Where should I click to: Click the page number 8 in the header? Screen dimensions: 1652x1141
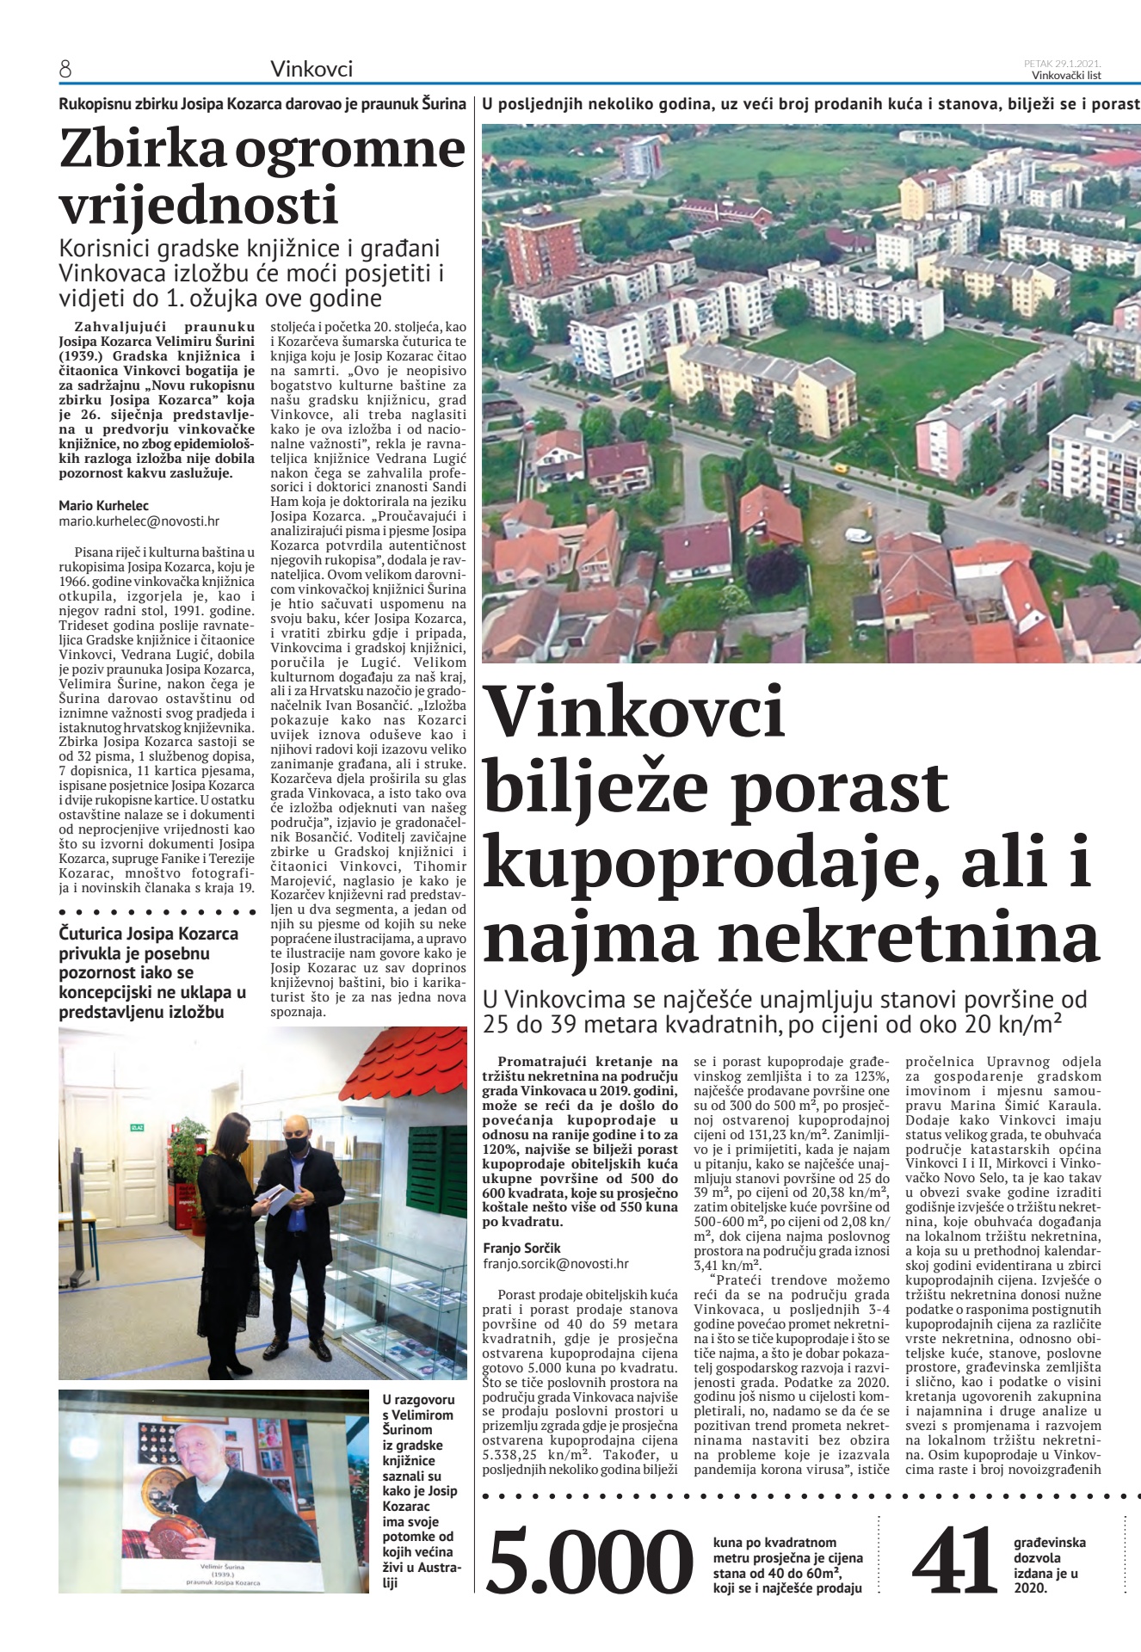(x=65, y=69)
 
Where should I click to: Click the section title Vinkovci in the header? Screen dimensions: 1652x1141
(x=311, y=69)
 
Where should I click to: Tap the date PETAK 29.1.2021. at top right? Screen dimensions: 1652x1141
(x=1063, y=63)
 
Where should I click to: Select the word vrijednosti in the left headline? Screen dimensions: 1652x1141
(x=199, y=206)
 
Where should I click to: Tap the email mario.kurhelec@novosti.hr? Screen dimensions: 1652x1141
(x=139, y=521)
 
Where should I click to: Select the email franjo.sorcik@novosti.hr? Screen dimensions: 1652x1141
(x=555, y=1264)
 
